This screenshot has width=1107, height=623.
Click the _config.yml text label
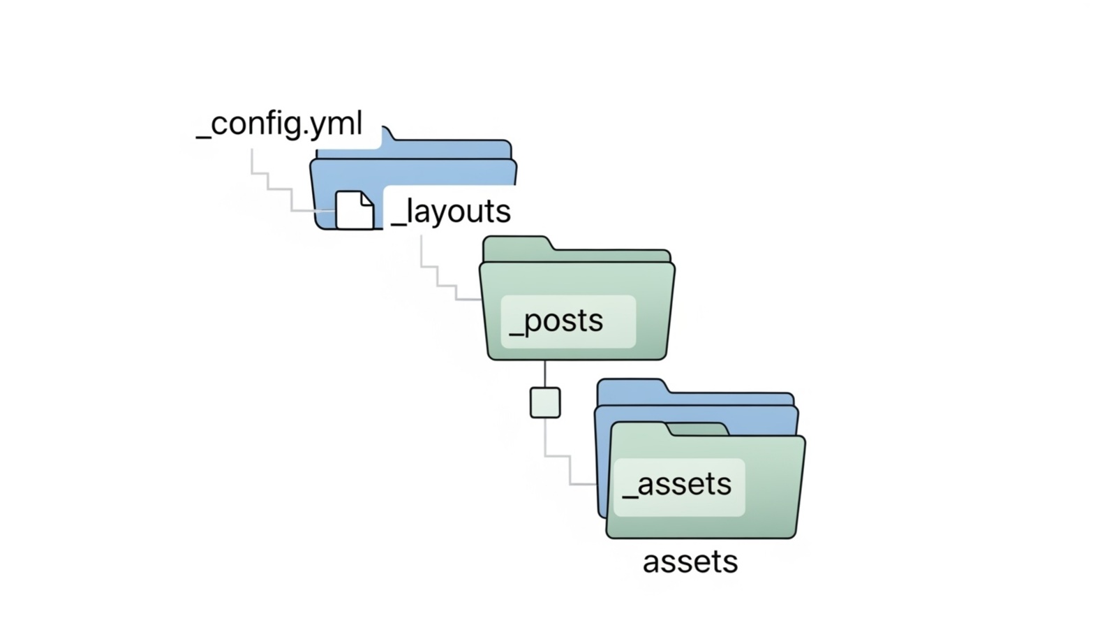point(279,124)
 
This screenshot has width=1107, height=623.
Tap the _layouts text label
point(451,211)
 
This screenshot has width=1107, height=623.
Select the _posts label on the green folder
point(557,321)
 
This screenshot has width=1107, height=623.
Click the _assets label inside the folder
point(677,485)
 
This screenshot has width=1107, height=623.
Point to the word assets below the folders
point(690,562)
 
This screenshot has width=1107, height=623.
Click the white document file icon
point(354,210)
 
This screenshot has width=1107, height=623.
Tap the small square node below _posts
point(545,403)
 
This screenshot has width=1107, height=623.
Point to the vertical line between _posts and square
point(545,374)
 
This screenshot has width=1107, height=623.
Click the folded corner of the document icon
point(366,200)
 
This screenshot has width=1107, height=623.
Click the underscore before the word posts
point(517,335)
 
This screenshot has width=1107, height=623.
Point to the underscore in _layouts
point(398,223)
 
